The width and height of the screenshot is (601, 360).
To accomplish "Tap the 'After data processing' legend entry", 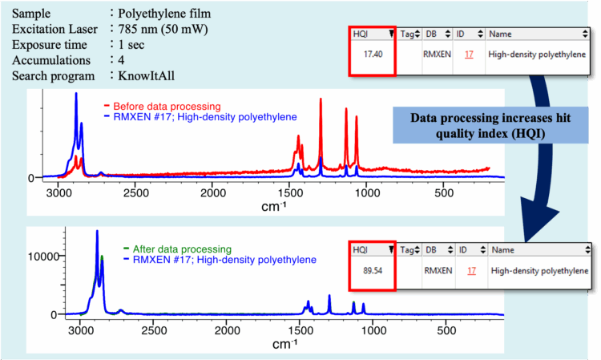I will coord(184,249).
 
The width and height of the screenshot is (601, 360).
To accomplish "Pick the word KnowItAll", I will coord(148,76).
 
